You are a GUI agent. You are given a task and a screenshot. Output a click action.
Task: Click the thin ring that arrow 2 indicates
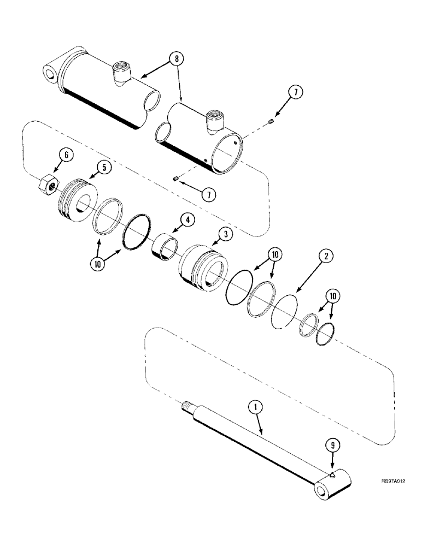285,313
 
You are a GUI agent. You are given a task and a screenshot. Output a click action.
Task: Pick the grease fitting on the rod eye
331,463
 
